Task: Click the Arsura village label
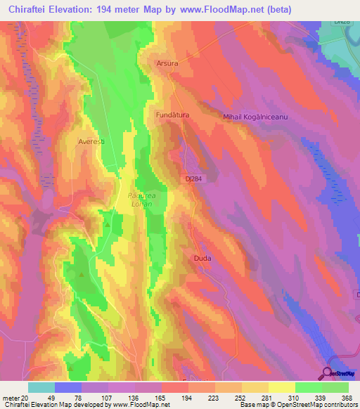coord(166,63)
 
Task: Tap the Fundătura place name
coord(172,113)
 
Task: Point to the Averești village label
coord(91,141)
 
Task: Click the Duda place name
coord(202,259)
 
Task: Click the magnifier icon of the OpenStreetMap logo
coord(329,373)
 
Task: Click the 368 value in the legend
coord(345,398)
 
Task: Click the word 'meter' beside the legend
coord(10,398)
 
